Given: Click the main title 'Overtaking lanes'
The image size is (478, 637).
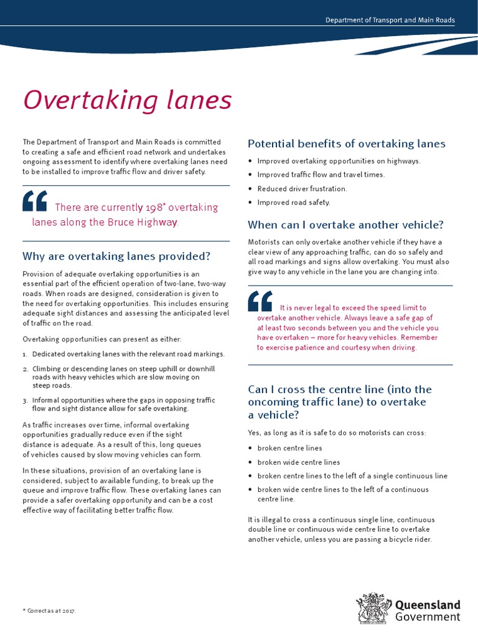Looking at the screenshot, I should [127, 100].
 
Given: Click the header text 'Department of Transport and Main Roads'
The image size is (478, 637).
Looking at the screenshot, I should [390, 21].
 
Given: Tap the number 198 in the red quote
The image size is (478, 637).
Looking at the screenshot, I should [152, 207].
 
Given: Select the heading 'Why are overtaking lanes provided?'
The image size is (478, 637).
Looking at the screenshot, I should [116, 256].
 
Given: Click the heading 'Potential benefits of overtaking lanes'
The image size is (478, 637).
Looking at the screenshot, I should [347, 144].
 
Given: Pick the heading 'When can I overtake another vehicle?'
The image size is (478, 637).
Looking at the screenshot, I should [345, 225].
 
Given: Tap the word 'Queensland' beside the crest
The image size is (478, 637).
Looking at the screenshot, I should [428, 604].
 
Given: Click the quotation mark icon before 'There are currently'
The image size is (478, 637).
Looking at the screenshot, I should [35, 200].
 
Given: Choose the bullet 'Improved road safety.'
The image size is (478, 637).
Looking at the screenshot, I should [293, 202].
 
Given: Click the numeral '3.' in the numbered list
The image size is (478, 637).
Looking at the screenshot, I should [26, 401].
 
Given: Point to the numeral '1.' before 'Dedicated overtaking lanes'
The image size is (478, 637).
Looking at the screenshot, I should [26, 354].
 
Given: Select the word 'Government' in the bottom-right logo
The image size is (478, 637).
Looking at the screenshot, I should [428, 617].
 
